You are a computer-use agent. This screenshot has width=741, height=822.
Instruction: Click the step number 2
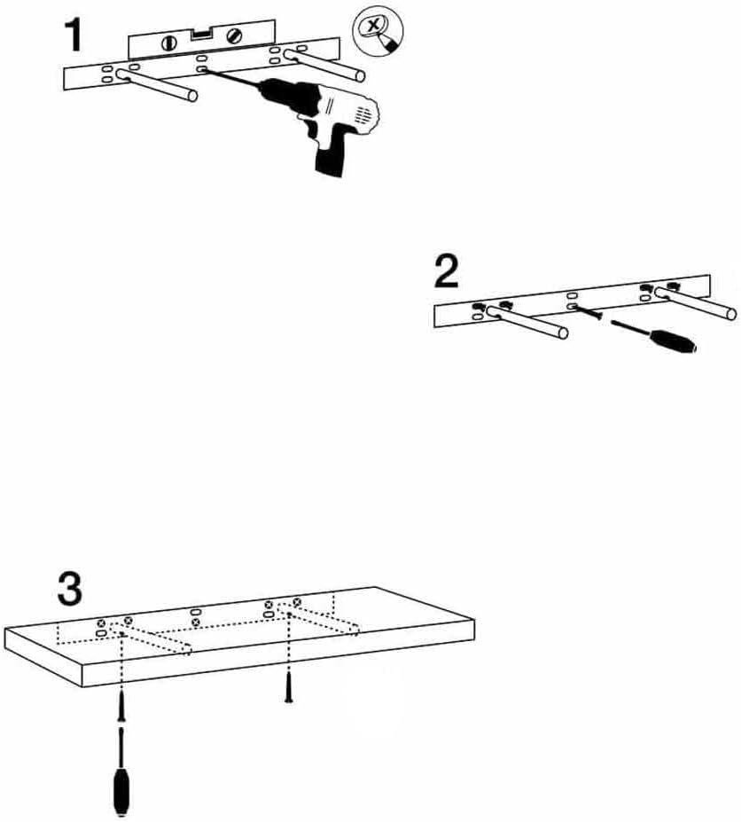447,272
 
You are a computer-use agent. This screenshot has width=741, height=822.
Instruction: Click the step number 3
70,587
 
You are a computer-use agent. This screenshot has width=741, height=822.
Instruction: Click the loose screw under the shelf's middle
288,688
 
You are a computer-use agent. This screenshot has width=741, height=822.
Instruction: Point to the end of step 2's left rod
562,333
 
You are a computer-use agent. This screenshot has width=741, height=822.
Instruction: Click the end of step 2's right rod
730,312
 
